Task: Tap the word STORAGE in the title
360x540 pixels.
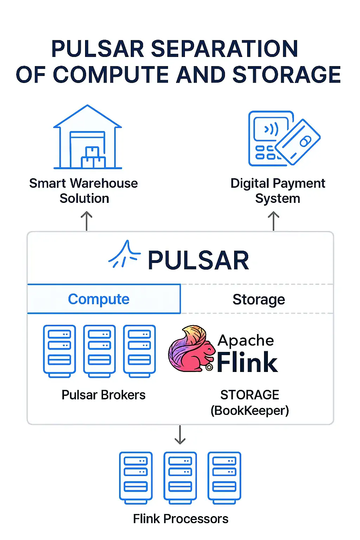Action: [x=287, y=75]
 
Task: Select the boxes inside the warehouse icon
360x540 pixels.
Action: [x=93, y=158]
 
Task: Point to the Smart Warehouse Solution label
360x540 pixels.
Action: [x=84, y=191]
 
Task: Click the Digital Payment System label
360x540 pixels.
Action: [x=277, y=191]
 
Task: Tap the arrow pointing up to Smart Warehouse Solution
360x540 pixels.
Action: [x=86, y=221]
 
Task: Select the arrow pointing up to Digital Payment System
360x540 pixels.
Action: [x=274, y=221]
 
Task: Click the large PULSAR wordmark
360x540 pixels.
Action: [x=198, y=261]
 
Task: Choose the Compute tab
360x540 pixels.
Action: [x=99, y=299]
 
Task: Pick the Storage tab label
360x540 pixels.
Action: [x=258, y=300]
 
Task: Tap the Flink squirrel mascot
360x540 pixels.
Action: [x=191, y=349]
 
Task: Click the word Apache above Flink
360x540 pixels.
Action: [x=246, y=340]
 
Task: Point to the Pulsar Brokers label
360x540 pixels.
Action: [x=103, y=395]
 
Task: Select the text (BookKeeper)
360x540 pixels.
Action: [x=250, y=411]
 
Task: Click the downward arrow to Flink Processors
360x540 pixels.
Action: [x=180, y=435]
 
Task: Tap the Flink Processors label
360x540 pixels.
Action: [x=180, y=519]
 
